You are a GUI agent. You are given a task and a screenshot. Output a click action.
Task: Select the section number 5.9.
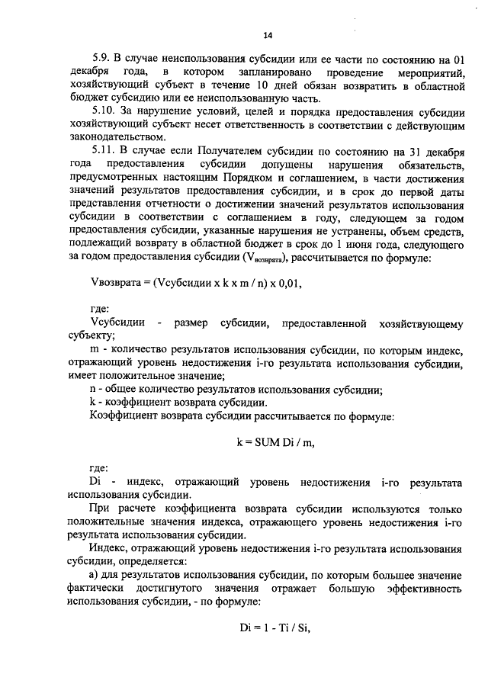coord(100,58)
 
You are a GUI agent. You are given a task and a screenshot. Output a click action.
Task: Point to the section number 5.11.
coord(103,152)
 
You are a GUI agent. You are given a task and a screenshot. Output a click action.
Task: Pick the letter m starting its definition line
coord(94,350)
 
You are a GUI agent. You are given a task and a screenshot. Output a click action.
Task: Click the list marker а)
coord(95,578)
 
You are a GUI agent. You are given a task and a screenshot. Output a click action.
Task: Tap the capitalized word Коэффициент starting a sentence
coord(123,417)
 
